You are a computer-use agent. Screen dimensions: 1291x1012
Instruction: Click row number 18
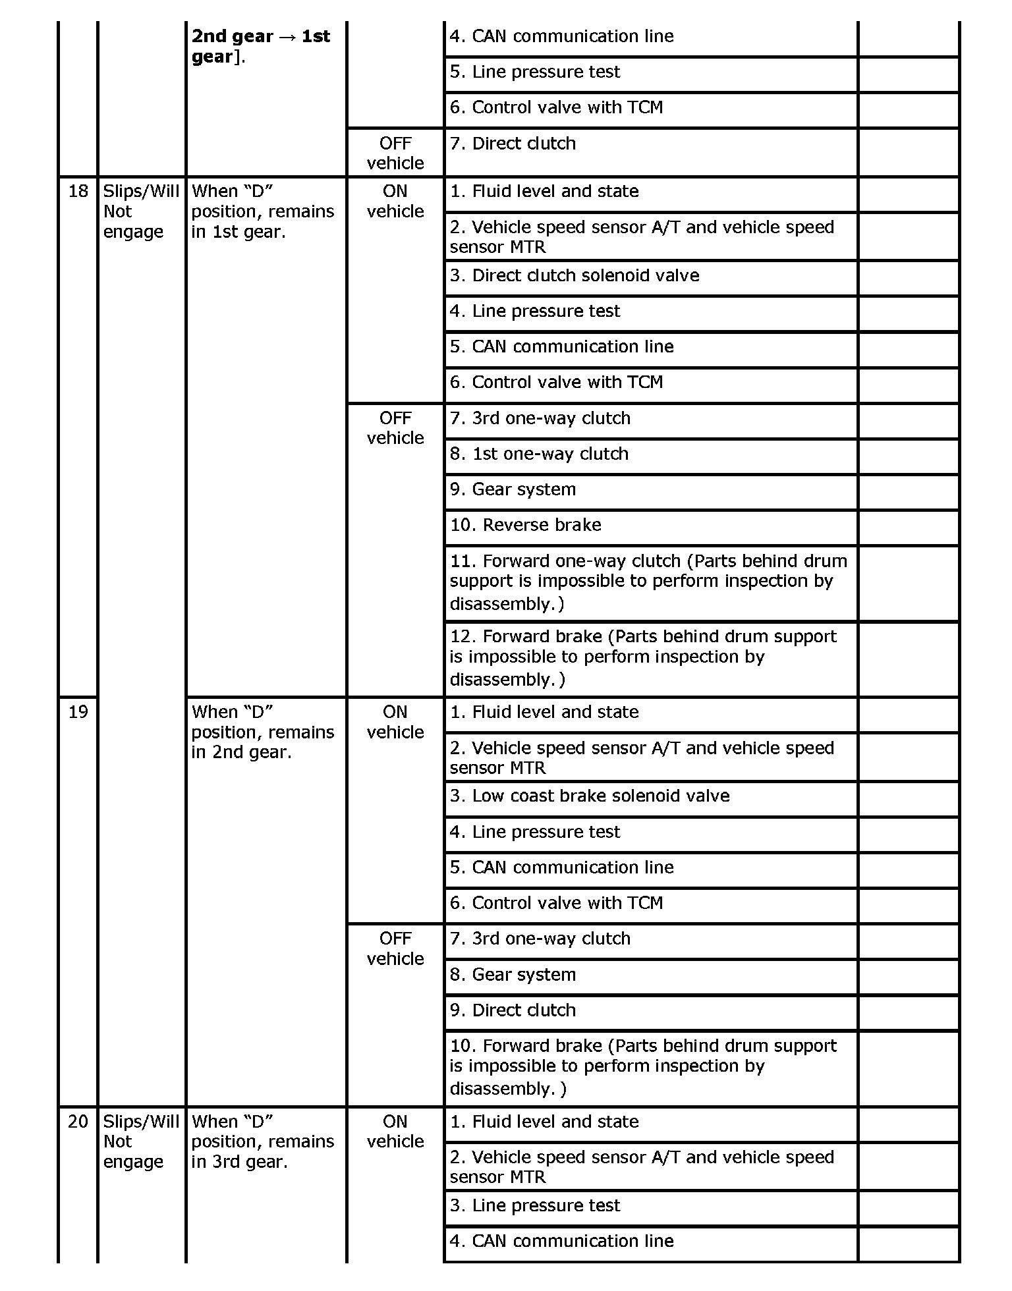click(x=78, y=192)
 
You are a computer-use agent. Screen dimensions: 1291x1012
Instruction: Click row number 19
click(x=78, y=713)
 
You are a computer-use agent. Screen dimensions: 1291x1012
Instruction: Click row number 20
click(x=78, y=1122)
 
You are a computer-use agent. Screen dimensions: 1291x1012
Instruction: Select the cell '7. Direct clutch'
click(x=513, y=144)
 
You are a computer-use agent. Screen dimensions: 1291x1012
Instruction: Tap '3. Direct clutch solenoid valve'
click(x=575, y=275)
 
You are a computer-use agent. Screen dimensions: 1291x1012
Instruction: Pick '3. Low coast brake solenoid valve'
click(x=590, y=796)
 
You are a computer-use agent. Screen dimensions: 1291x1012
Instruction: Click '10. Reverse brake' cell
click(x=525, y=525)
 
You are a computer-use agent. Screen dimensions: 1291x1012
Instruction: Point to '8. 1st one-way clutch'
click(x=539, y=454)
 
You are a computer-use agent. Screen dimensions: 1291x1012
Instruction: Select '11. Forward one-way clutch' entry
click(x=648, y=582)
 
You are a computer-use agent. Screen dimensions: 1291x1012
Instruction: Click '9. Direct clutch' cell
click(x=513, y=1010)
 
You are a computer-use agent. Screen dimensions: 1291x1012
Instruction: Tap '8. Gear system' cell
click(x=513, y=975)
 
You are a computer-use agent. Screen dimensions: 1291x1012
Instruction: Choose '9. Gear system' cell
click(x=513, y=489)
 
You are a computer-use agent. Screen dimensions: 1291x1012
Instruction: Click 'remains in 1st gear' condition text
click(x=262, y=212)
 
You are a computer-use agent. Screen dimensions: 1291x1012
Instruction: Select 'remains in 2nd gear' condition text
click(x=262, y=732)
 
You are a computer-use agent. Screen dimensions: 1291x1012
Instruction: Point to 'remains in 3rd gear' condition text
click(x=262, y=1141)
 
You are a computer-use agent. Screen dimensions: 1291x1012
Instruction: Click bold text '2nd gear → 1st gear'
click(x=261, y=46)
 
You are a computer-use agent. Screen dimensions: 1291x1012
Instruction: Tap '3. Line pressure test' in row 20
click(x=535, y=1205)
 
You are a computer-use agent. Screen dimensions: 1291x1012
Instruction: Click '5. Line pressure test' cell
click(x=535, y=72)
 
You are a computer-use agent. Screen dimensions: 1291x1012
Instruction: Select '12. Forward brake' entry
click(x=643, y=657)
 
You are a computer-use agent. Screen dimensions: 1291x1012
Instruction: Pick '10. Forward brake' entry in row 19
click(x=643, y=1066)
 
